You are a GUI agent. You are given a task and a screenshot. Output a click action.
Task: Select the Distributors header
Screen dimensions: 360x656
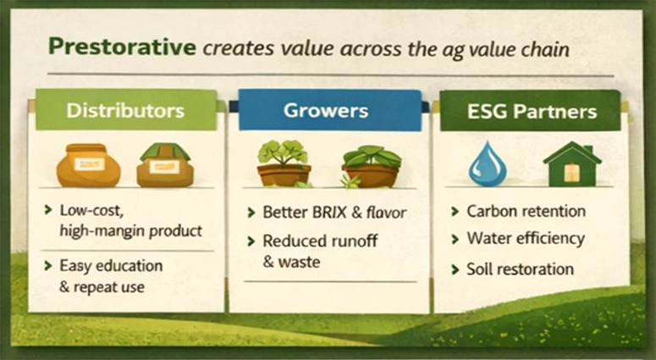(125, 111)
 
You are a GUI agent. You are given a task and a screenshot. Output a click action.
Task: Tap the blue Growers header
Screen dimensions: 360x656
(325, 111)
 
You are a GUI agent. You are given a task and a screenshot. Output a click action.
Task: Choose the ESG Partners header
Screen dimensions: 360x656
(532, 111)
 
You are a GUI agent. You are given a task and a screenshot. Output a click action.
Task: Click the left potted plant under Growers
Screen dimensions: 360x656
(284, 163)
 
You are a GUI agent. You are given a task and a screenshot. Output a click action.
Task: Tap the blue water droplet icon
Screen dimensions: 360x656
(488, 163)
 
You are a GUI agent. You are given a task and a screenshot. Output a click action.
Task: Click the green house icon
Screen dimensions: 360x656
(572, 163)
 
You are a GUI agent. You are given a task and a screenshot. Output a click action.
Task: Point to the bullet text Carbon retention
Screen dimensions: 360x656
(526, 211)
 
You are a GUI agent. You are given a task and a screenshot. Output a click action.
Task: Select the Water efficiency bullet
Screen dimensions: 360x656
(526, 239)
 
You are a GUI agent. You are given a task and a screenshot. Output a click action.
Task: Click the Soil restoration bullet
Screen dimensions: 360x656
(520, 269)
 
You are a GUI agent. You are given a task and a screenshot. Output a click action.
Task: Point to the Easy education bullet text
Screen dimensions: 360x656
(110, 266)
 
